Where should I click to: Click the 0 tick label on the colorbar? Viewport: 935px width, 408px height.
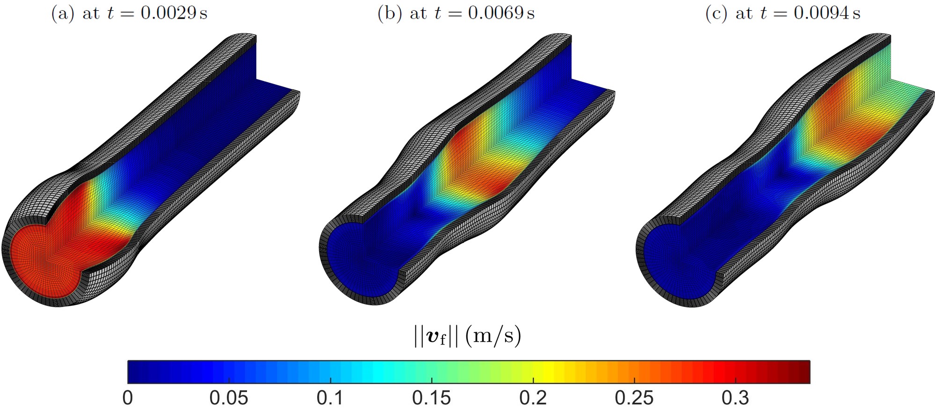[128, 398]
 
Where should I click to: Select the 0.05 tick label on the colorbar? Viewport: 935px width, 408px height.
[229, 398]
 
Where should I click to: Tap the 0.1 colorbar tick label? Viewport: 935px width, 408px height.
[330, 398]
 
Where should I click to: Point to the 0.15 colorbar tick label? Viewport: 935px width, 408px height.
[432, 398]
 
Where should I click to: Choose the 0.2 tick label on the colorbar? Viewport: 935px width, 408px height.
[533, 398]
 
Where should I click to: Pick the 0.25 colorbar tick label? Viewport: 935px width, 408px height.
[634, 398]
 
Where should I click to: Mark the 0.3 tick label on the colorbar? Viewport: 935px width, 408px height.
[736, 398]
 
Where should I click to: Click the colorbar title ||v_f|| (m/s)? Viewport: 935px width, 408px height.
[467, 336]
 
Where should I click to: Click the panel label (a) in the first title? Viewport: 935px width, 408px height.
[62, 13]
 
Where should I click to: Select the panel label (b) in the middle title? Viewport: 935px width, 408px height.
[390, 13]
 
